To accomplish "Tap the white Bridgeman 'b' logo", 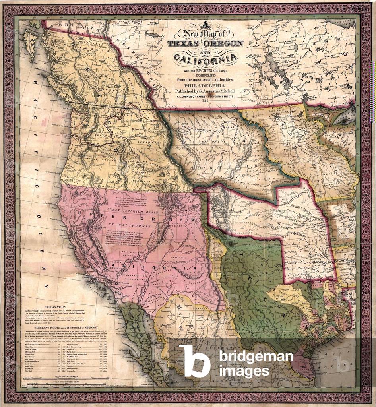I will pos(194,360).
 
